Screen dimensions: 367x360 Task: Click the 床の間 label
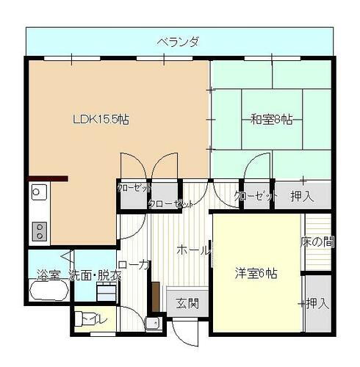(317, 241)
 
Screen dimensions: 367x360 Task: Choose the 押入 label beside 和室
(302, 196)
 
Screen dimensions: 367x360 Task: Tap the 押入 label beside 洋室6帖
(317, 302)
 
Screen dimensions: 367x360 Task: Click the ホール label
(192, 250)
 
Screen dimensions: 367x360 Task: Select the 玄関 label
(187, 302)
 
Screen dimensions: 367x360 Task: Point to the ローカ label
(133, 265)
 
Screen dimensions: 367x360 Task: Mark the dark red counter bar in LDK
(48, 178)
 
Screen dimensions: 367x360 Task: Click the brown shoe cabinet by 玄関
(156, 297)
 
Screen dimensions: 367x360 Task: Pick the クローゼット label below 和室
(256, 196)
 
